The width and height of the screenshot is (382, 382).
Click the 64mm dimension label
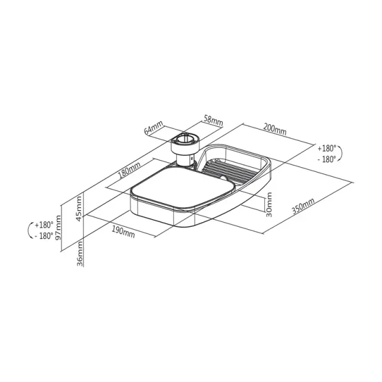tap(153, 128)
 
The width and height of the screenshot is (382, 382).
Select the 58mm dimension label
tap(213, 120)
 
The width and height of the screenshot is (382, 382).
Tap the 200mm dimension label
tap(275, 130)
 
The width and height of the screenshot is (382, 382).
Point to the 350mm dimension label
tap(303, 206)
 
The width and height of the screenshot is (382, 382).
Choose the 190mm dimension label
tap(124, 232)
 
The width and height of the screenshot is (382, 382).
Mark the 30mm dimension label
tap(269, 205)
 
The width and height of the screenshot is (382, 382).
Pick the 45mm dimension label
tap(79, 209)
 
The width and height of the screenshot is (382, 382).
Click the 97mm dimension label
tap(58, 228)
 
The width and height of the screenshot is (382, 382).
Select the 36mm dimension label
tap(79, 254)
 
